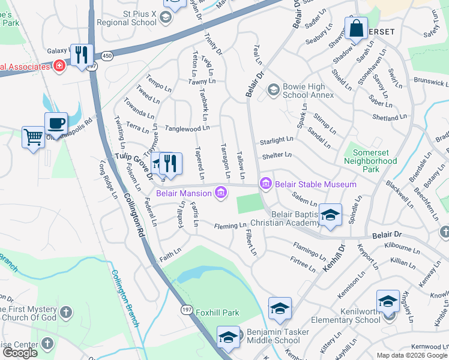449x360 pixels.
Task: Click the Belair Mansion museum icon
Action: coord(221,193)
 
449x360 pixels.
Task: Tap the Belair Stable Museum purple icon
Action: coord(265,184)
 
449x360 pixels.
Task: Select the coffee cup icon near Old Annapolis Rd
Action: coord(56,124)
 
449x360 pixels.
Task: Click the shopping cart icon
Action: coord(33,137)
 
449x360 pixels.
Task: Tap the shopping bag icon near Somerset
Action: coord(356,28)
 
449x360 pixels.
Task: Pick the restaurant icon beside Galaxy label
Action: coord(82,55)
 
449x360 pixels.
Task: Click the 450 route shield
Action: coord(106,56)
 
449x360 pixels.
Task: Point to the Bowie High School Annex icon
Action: coord(274,90)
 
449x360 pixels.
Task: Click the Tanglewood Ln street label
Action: coord(187,128)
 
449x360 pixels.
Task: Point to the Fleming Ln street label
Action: coord(231,226)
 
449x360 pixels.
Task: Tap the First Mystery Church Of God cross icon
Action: coord(66,312)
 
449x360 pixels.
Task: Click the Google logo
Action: coord(20,353)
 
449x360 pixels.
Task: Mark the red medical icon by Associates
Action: coord(59,65)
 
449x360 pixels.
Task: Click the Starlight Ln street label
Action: coord(276,140)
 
